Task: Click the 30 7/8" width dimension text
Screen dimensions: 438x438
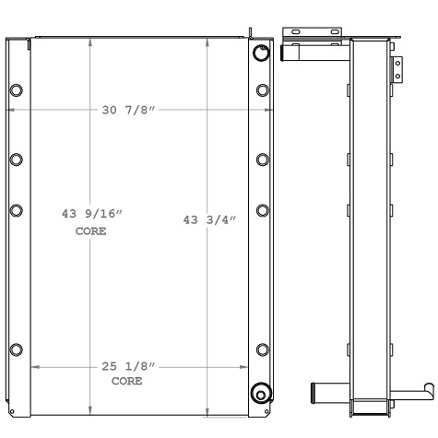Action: tap(129, 111)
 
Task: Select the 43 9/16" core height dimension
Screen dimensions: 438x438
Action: tap(90, 214)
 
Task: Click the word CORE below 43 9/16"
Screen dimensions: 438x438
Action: tap(90, 231)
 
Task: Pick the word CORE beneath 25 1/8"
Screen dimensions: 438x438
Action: tap(127, 381)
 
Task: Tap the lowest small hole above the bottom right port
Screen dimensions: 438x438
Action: tap(262, 349)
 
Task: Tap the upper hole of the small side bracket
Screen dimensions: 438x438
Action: tap(398, 62)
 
